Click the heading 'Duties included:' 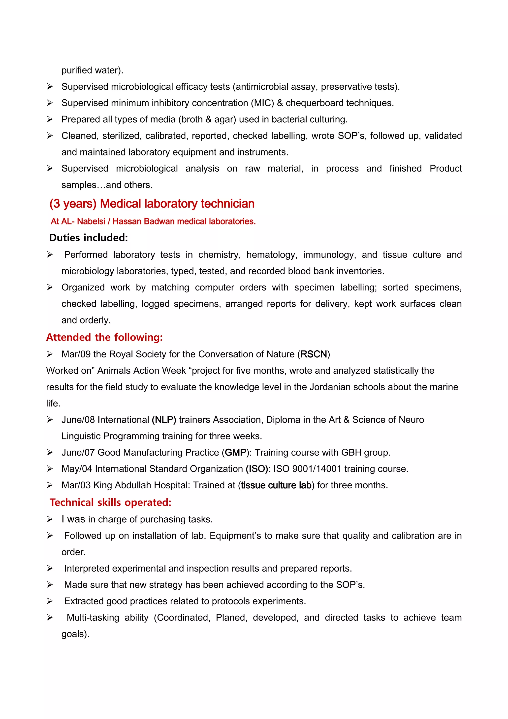click(x=89, y=238)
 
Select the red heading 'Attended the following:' click(x=104, y=337)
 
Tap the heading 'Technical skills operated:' click(x=110, y=502)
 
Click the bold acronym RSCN click(x=314, y=354)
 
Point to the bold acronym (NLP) click(x=164, y=420)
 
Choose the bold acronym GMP click(x=235, y=453)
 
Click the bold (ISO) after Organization click(x=257, y=469)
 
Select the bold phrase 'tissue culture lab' click(x=276, y=485)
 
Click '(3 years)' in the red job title click(x=73, y=204)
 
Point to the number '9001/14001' click(x=317, y=469)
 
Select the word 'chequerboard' click(x=314, y=103)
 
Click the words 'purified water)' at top click(x=92, y=70)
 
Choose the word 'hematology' click(x=271, y=254)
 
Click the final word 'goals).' click(x=75, y=634)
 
